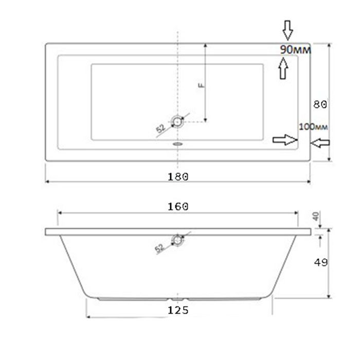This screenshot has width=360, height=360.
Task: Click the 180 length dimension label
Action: tap(178, 176)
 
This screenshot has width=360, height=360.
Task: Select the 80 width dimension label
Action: tap(320, 104)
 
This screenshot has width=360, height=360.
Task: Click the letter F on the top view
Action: tap(202, 86)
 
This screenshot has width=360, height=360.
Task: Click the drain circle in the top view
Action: tap(178, 121)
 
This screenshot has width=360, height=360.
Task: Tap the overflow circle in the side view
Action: tap(178, 240)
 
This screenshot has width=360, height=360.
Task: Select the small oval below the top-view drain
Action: tap(178, 144)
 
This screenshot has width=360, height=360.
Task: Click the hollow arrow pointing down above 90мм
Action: tap(287, 31)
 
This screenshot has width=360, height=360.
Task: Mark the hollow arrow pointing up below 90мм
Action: tap(282, 68)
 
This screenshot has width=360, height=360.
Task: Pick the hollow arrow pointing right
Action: tap(284, 139)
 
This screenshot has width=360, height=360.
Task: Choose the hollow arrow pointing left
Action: tap(322, 143)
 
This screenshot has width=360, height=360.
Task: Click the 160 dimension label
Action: tap(178, 206)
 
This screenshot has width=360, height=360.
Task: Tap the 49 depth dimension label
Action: tap(320, 262)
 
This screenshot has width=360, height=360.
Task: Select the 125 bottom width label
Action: tap(178, 310)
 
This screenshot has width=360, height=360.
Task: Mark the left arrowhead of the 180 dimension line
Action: tap(48, 182)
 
